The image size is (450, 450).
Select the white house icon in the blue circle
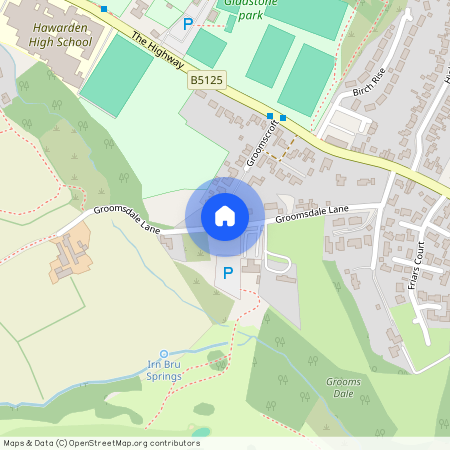pos(225,215)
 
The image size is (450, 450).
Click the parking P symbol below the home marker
pos(227,272)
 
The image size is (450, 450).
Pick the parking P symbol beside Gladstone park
pos(187,23)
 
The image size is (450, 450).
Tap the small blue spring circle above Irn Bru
pos(164,354)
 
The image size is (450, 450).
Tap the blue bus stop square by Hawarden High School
pos(103,8)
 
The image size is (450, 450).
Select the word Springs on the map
pos(164,378)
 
